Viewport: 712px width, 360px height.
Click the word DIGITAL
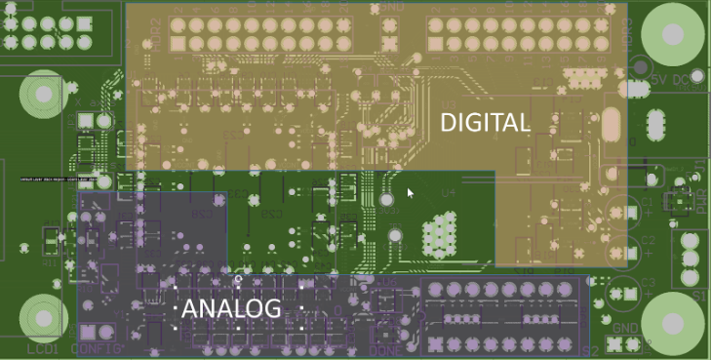(x=486, y=122)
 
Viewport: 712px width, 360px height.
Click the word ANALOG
(x=232, y=309)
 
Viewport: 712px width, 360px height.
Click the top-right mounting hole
(x=671, y=34)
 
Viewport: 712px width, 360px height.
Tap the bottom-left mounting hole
(x=42, y=317)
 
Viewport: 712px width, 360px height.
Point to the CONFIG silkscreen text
(x=98, y=348)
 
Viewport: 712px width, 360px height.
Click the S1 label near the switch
(x=698, y=294)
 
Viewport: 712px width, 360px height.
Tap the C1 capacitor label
(x=646, y=203)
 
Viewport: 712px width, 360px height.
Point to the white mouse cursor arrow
(x=411, y=193)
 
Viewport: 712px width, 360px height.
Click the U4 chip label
(x=448, y=192)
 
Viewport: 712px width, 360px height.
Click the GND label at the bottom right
(x=626, y=328)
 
